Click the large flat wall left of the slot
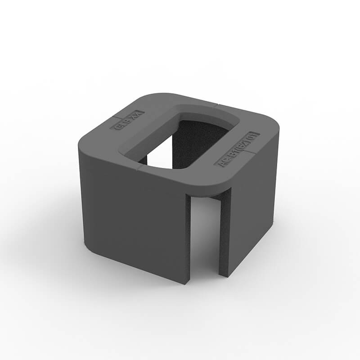tap(135, 216)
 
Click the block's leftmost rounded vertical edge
tap(81, 189)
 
